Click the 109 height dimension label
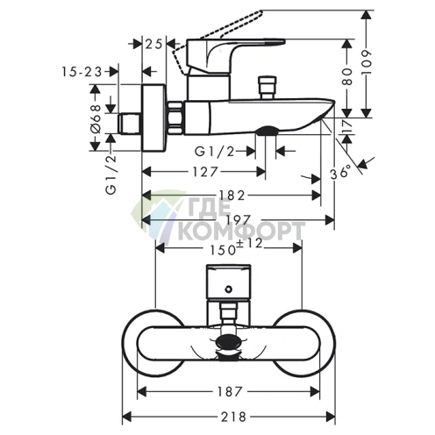pyautogui.click(x=366, y=62)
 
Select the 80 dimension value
pyautogui.click(x=347, y=76)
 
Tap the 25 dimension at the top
pyautogui.click(x=153, y=45)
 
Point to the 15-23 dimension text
pyautogui.click(x=82, y=72)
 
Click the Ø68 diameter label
pyautogui.click(x=95, y=119)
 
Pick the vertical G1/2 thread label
pyautogui.click(x=111, y=175)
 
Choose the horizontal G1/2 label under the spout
pyautogui.click(x=215, y=152)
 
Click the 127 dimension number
pyautogui.click(x=205, y=172)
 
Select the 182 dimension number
pyautogui.click(x=231, y=196)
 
